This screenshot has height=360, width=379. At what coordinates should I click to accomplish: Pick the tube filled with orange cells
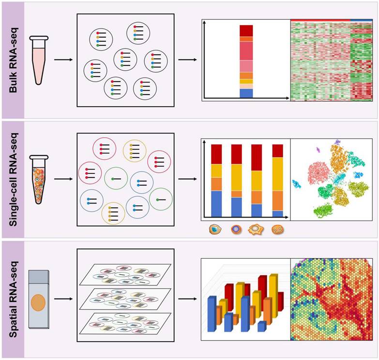[38, 179]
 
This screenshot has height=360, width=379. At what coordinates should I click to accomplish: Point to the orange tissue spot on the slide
[38, 304]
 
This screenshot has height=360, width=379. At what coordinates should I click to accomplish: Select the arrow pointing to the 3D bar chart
[187, 299]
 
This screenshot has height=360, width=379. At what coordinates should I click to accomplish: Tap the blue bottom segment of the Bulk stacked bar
[246, 93]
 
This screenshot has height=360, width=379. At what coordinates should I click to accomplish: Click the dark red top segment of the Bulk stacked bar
[246, 31]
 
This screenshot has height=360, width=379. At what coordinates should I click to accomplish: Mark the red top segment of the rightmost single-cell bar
[277, 151]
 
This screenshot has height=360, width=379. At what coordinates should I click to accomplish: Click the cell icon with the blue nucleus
[214, 229]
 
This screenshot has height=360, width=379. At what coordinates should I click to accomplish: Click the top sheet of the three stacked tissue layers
[125, 274]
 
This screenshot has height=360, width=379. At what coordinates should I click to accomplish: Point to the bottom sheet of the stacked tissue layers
[125, 323]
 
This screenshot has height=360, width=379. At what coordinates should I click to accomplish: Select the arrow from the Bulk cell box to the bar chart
[187, 60]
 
